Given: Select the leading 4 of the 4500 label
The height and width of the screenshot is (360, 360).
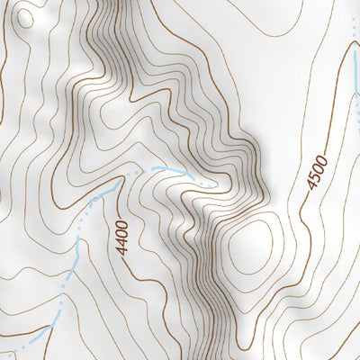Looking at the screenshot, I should [x=311, y=187].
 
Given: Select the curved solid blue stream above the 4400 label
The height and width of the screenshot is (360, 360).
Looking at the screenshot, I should [x=162, y=168].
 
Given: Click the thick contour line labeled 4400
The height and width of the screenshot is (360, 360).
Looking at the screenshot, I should [x=135, y=270].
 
